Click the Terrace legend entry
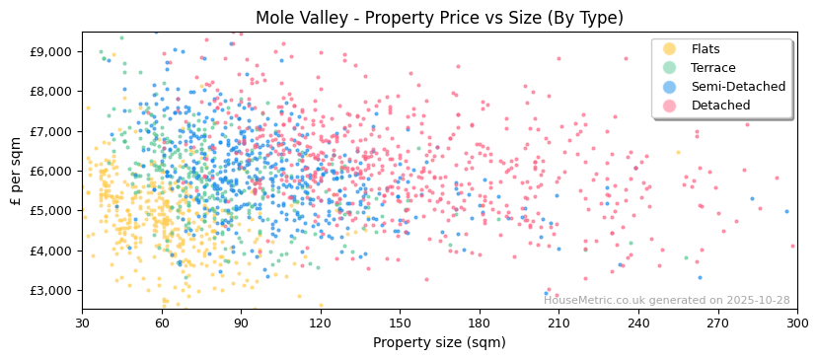[x=711, y=68]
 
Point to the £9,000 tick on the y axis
[x=50, y=51]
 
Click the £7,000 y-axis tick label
[x=50, y=131]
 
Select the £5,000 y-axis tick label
[x=50, y=211]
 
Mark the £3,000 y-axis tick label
[x=50, y=291]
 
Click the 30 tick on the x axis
[x=83, y=324]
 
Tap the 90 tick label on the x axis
[x=242, y=324]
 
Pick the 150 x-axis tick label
[x=401, y=324]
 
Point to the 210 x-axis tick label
[x=559, y=324]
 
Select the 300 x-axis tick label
[x=797, y=324]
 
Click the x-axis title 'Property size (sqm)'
[x=439, y=342]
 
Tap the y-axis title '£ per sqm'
[x=16, y=172]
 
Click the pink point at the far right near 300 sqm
[x=792, y=247]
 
